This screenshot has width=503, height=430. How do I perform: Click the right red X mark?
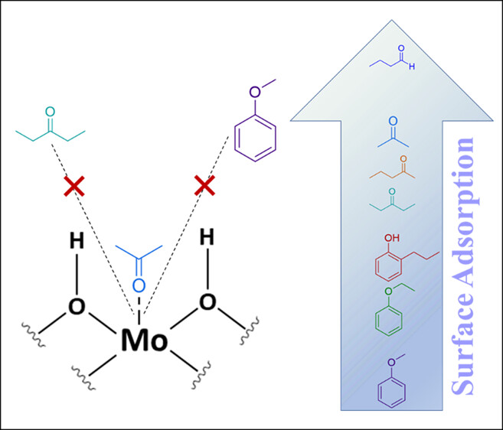point(204,184)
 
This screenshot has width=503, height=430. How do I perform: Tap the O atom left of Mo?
point(77,306)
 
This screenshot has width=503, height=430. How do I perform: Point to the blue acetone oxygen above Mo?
point(139,285)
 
